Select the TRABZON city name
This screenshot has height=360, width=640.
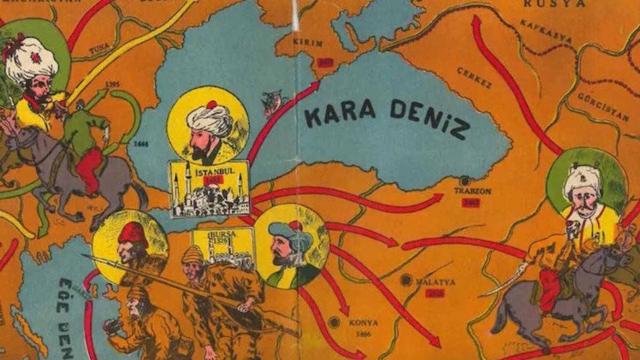point(473,190)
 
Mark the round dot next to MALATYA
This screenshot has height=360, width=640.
point(406,279)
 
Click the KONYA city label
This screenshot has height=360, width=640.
point(363,323)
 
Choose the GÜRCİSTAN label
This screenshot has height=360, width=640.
point(602,107)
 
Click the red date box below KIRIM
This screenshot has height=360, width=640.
point(325,62)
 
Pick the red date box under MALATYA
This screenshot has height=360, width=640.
point(435,293)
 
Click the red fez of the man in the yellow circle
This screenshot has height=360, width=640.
point(133,233)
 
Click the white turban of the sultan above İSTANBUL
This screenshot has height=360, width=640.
point(209,118)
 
